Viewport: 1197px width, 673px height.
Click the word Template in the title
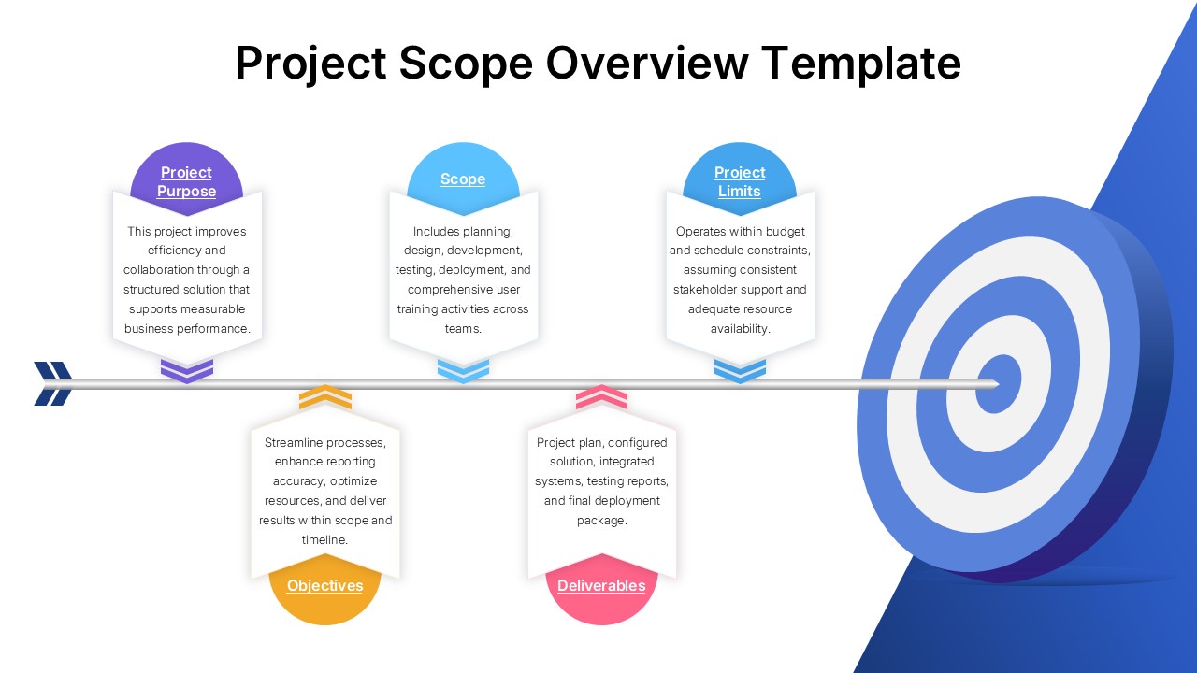click(860, 64)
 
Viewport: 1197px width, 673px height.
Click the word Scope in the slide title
click(466, 64)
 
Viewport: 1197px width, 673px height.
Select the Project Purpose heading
click(186, 181)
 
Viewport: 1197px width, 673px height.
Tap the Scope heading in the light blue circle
click(463, 179)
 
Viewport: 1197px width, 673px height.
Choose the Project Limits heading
click(740, 181)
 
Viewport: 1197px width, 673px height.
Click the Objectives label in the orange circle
click(324, 585)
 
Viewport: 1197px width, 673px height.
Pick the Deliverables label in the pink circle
click(601, 585)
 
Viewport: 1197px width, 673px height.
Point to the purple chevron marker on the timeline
click(187, 370)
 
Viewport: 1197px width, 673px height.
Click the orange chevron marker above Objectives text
click(325, 397)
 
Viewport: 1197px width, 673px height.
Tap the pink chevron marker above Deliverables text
click(601, 397)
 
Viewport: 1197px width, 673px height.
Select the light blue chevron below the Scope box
click(463, 370)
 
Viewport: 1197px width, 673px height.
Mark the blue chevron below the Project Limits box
click(740, 370)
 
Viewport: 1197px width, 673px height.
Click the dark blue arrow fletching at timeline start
click(53, 383)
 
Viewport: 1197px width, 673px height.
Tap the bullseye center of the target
click(998, 383)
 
